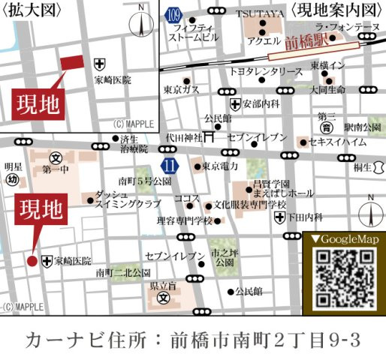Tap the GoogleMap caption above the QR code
point(343,239)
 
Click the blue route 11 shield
point(170,164)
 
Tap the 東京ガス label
point(180,89)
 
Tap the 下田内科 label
point(306,217)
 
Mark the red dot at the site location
point(32,261)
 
